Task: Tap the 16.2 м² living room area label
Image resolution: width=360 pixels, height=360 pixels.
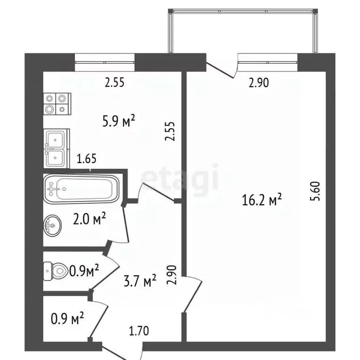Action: point(262,201)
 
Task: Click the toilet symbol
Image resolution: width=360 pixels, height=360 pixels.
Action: point(56,270)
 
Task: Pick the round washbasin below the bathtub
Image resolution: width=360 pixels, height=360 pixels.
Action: point(52,226)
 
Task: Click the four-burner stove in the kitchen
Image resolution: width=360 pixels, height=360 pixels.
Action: point(57,104)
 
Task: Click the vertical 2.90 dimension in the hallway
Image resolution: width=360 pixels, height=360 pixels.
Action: point(172,275)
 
